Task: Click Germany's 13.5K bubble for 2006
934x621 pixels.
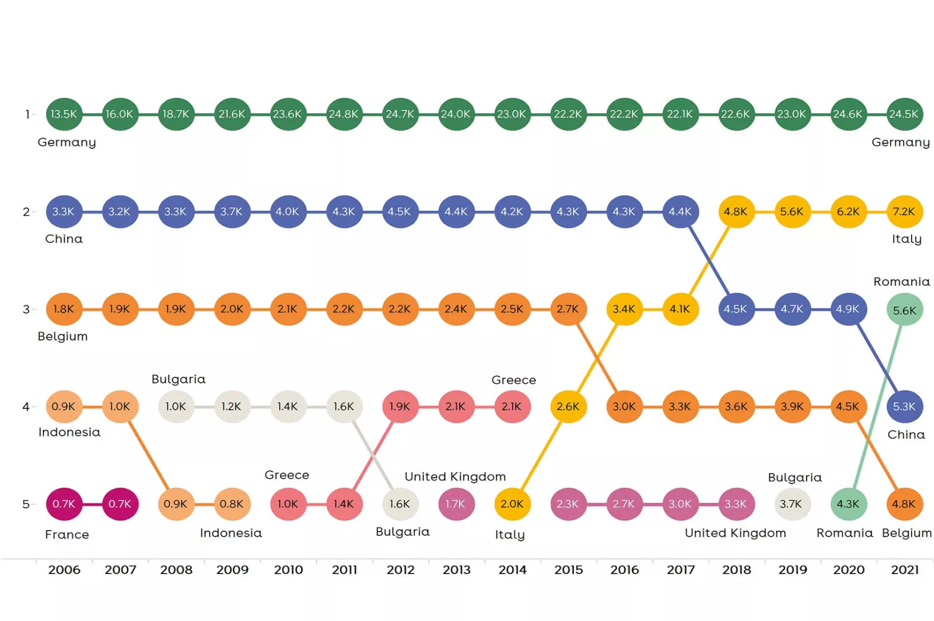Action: click(64, 114)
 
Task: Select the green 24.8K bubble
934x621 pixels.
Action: click(343, 114)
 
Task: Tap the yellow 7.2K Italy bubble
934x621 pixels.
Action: click(904, 212)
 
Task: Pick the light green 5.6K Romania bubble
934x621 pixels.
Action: click(904, 310)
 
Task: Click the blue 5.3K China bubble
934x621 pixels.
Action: click(904, 406)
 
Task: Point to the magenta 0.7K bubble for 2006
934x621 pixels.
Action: click(64, 504)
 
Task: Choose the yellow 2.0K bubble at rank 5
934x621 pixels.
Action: click(512, 504)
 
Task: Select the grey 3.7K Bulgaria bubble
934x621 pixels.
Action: click(791, 504)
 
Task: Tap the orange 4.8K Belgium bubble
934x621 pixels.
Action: click(904, 504)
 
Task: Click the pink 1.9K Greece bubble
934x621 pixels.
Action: click(399, 406)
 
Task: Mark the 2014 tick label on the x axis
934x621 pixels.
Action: click(512, 569)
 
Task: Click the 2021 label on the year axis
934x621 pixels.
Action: click(904, 569)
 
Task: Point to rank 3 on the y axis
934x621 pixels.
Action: click(26, 310)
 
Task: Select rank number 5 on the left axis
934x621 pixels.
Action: click(26, 504)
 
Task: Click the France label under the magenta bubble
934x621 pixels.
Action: click(67, 535)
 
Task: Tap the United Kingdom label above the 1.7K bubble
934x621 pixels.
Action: click(455, 477)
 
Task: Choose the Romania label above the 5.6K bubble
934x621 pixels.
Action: click(901, 282)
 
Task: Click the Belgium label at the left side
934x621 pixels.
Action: click(63, 336)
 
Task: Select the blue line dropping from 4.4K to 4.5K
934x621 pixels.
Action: click(708, 260)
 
